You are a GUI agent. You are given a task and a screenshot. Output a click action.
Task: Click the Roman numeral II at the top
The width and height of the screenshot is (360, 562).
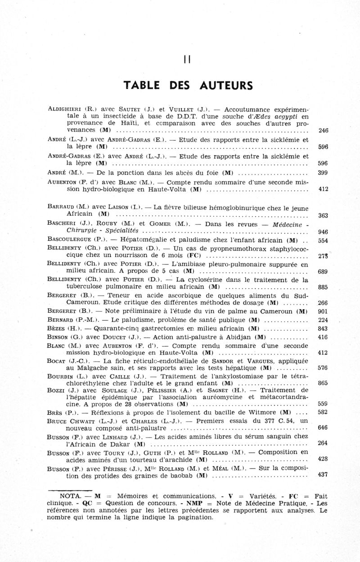[x=187, y=59]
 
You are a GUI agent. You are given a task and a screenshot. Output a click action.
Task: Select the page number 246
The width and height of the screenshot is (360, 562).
[x=323, y=131]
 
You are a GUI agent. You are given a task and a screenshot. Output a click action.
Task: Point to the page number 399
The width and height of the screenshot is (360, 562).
[x=323, y=173]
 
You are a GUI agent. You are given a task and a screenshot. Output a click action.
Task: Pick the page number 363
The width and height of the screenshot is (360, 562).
[x=323, y=216]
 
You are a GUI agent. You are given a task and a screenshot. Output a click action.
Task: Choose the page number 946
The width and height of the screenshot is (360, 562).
[x=323, y=232]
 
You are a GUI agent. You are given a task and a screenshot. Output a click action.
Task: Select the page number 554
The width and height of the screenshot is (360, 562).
[x=323, y=241]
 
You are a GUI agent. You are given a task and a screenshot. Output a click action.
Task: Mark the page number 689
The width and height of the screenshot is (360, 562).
[x=323, y=272]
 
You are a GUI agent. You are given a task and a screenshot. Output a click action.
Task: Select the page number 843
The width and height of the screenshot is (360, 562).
[x=323, y=329]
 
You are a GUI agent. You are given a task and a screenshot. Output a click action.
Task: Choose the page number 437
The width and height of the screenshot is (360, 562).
[x=323, y=475]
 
